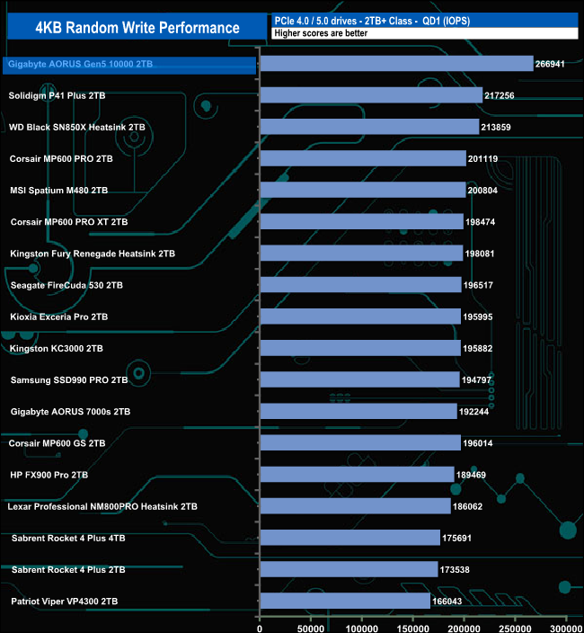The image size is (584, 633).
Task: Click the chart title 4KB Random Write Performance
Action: click(137, 27)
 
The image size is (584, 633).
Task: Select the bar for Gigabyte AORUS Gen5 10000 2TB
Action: click(396, 64)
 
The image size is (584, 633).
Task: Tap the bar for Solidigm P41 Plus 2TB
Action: click(371, 95)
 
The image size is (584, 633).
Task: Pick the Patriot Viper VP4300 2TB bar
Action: click(345, 601)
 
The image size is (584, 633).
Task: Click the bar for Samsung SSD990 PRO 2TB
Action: click(359, 379)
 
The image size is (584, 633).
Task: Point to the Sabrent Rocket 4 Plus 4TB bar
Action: click(350, 538)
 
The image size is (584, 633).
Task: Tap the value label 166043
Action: click(451, 601)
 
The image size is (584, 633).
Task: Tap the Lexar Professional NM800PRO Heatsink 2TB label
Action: click(102, 506)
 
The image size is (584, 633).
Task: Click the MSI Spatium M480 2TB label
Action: click(58, 191)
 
